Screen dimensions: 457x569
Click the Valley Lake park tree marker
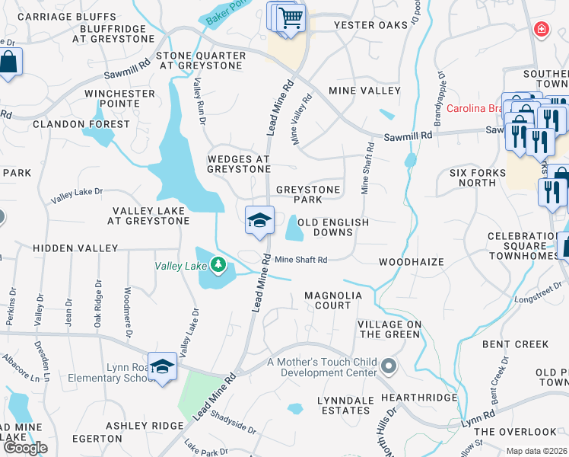[219, 264]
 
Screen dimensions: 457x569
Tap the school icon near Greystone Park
[259, 219]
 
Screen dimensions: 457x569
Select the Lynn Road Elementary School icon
[162, 366]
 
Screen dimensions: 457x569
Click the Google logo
[25, 448]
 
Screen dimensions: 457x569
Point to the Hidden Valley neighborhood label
[75, 248]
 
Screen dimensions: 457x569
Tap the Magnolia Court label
[328, 300]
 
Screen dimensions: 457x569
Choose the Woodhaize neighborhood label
[412, 262]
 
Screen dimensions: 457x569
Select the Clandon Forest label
[81, 124]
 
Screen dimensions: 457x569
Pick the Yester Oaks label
[371, 25]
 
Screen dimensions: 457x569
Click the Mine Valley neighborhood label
[364, 91]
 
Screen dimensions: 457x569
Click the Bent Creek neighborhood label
[515, 344]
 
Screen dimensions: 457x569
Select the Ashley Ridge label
[145, 426]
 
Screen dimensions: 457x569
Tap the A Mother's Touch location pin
[389, 366]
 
